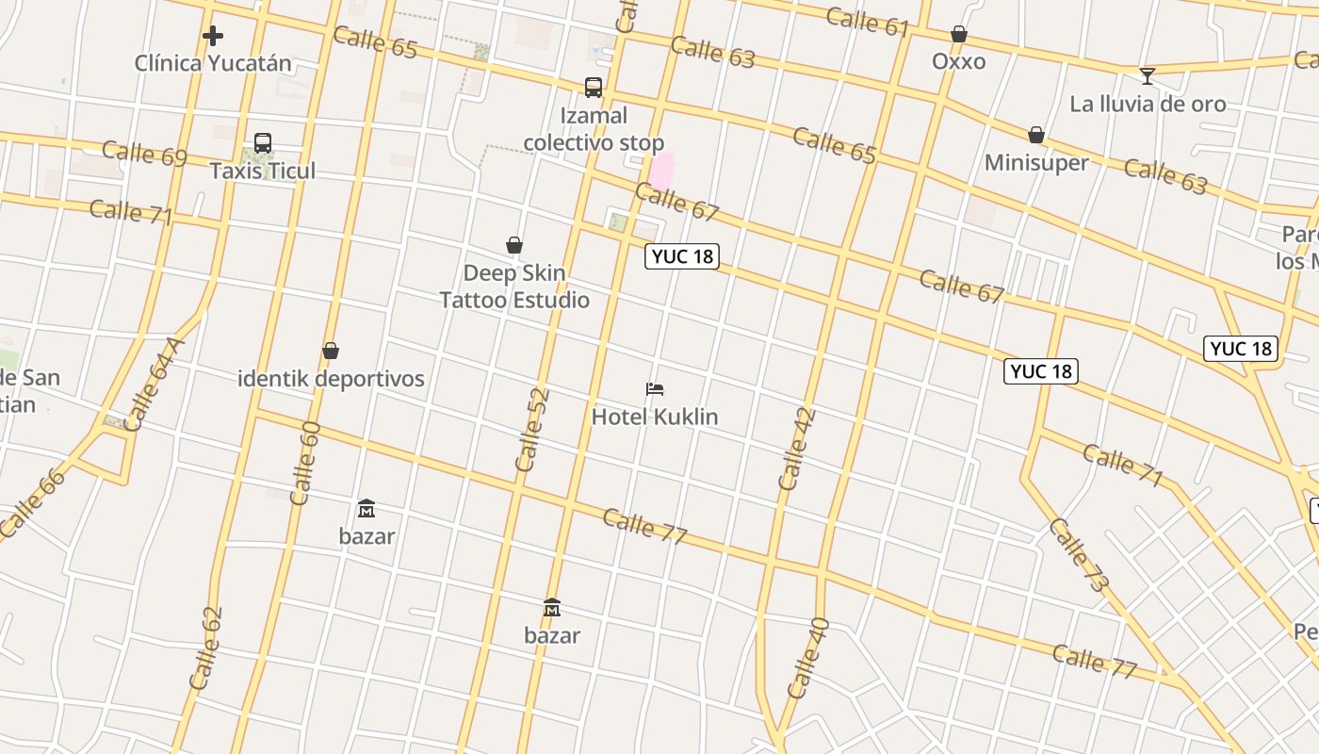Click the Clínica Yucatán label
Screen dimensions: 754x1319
click(x=213, y=64)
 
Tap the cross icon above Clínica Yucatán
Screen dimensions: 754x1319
click(x=213, y=37)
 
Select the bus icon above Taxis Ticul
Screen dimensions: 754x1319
click(x=263, y=143)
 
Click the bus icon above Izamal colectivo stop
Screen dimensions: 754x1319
click(x=594, y=88)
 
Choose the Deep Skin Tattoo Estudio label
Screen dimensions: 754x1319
click(x=514, y=287)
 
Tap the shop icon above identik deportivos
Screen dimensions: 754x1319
click(x=331, y=351)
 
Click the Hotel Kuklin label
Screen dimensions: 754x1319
click(x=655, y=417)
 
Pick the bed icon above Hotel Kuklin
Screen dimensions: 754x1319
click(x=655, y=388)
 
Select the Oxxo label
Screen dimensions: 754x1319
click(x=959, y=62)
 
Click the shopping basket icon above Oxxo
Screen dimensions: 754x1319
click(x=959, y=35)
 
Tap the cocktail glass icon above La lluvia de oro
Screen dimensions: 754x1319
click(x=1147, y=76)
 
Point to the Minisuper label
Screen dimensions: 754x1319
click(x=1036, y=163)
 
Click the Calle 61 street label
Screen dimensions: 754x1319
click(x=868, y=21)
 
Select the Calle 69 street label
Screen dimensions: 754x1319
click(x=144, y=153)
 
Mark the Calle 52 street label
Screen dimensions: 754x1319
click(x=531, y=430)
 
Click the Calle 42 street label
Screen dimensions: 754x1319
click(x=797, y=449)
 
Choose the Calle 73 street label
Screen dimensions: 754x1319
click(x=1079, y=555)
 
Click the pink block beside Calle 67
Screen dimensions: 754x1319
click(x=662, y=171)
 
